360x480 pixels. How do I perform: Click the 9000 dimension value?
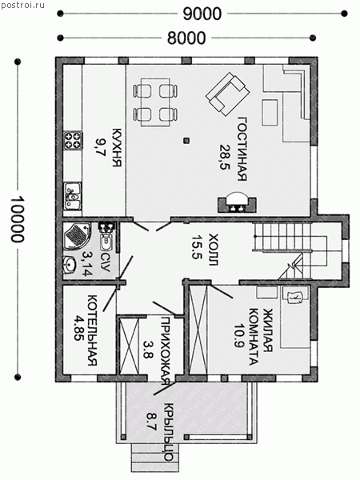[202, 14]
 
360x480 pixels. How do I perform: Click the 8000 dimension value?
[186, 38]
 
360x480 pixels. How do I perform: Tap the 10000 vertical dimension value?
[17, 219]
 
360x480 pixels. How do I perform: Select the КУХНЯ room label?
[117, 148]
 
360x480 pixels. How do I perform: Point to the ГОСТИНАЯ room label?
[242, 149]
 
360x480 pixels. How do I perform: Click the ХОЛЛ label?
[213, 249]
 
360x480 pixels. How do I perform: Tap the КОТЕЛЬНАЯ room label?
[92, 330]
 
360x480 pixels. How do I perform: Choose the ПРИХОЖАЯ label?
[166, 350]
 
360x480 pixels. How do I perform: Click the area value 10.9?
[239, 336]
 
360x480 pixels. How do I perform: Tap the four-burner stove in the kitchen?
[73, 140]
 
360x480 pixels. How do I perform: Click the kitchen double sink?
[73, 196]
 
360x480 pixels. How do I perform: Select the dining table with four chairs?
[155, 102]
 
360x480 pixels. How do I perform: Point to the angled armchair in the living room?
[228, 94]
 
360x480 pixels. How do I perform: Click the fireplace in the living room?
[237, 204]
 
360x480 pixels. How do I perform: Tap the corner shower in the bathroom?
[77, 237]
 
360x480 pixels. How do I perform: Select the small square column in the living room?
[186, 141]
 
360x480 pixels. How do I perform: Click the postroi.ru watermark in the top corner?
[22, 6]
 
